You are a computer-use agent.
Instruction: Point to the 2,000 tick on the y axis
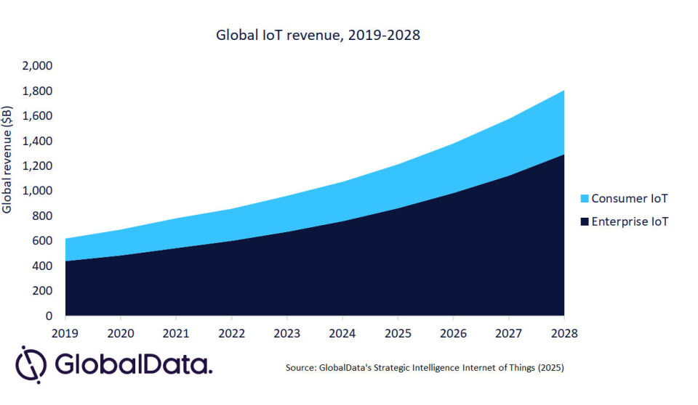pyautogui.click(x=38, y=66)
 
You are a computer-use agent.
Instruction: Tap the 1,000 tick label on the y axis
pyautogui.click(x=38, y=191)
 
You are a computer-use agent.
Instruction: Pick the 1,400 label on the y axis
pyautogui.click(x=38, y=141)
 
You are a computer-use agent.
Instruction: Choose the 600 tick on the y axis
pyautogui.click(x=42, y=241)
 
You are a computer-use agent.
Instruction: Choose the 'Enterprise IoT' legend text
pyautogui.click(x=629, y=221)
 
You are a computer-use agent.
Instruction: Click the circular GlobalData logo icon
pyautogui.click(x=31, y=363)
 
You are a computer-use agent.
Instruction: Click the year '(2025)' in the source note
pyautogui.click(x=549, y=368)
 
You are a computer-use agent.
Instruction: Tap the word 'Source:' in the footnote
pyautogui.click(x=300, y=368)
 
